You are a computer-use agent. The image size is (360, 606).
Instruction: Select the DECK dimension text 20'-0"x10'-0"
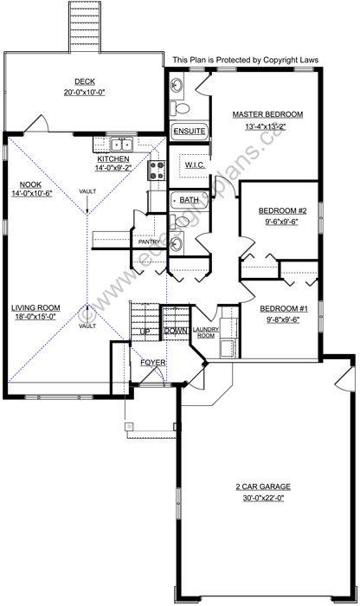[84, 93]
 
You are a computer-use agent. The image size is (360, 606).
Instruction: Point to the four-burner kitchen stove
[158, 169]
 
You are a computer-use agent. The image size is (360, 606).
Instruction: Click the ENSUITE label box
[190, 131]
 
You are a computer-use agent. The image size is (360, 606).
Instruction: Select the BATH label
[189, 200]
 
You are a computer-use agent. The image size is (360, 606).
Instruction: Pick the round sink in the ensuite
[177, 85]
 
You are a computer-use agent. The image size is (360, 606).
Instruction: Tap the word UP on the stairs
[145, 331]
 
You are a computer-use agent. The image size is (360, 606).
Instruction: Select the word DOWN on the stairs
[176, 331]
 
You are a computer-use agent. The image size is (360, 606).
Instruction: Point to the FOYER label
[153, 361]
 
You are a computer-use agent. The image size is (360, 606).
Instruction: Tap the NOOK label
[30, 184]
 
